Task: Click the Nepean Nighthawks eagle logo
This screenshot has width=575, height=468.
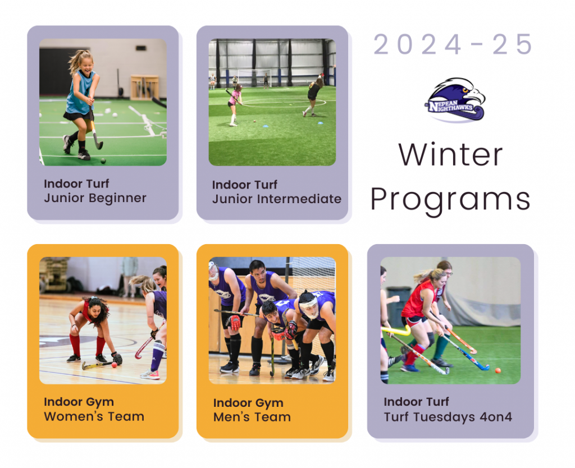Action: pyautogui.click(x=455, y=99)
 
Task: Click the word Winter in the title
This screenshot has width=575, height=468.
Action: pyautogui.click(x=450, y=155)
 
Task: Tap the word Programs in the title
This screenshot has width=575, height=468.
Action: pyautogui.click(x=450, y=200)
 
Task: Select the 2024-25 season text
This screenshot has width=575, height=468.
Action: pyautogui.click(x=453, y=44)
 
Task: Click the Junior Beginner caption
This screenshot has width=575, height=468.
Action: pyautogui.click(x=95, y=198)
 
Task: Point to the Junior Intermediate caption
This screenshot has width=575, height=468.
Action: pyautogui.click(x=276, y=199)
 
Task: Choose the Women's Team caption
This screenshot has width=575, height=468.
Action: pyautogui.click(x=94, y=416)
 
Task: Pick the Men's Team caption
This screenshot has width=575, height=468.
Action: pyautogui.click(x=252, y=417)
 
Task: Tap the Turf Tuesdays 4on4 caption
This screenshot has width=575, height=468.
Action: pyautogui.click(x=448, y=417)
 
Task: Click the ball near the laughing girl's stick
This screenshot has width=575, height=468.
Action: pyautogui.click(x=103, y=160)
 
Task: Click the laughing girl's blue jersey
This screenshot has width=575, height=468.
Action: pyautogui.click(x=80, y=93)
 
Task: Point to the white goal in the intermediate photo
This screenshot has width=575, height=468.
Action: pyautogui.click(x=254, y=77)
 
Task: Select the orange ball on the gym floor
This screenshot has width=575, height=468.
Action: pyautogui.click(x=114, y=365)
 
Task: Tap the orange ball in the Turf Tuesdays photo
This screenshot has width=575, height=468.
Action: pyautogui.click(x=498, y=370)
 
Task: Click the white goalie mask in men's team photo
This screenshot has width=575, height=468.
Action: pyautogui.click(x=309, y=306)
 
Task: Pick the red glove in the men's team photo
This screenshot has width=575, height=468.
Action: pyautogui.click(x=234, y=323)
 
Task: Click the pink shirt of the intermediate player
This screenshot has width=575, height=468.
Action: pyautogui.click(x=234, y=97)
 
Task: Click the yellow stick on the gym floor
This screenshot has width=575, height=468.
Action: pyautogui.click(x=95, y=365)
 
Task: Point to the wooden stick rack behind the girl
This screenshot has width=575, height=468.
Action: pyautogui.click(x=144, y=87)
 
